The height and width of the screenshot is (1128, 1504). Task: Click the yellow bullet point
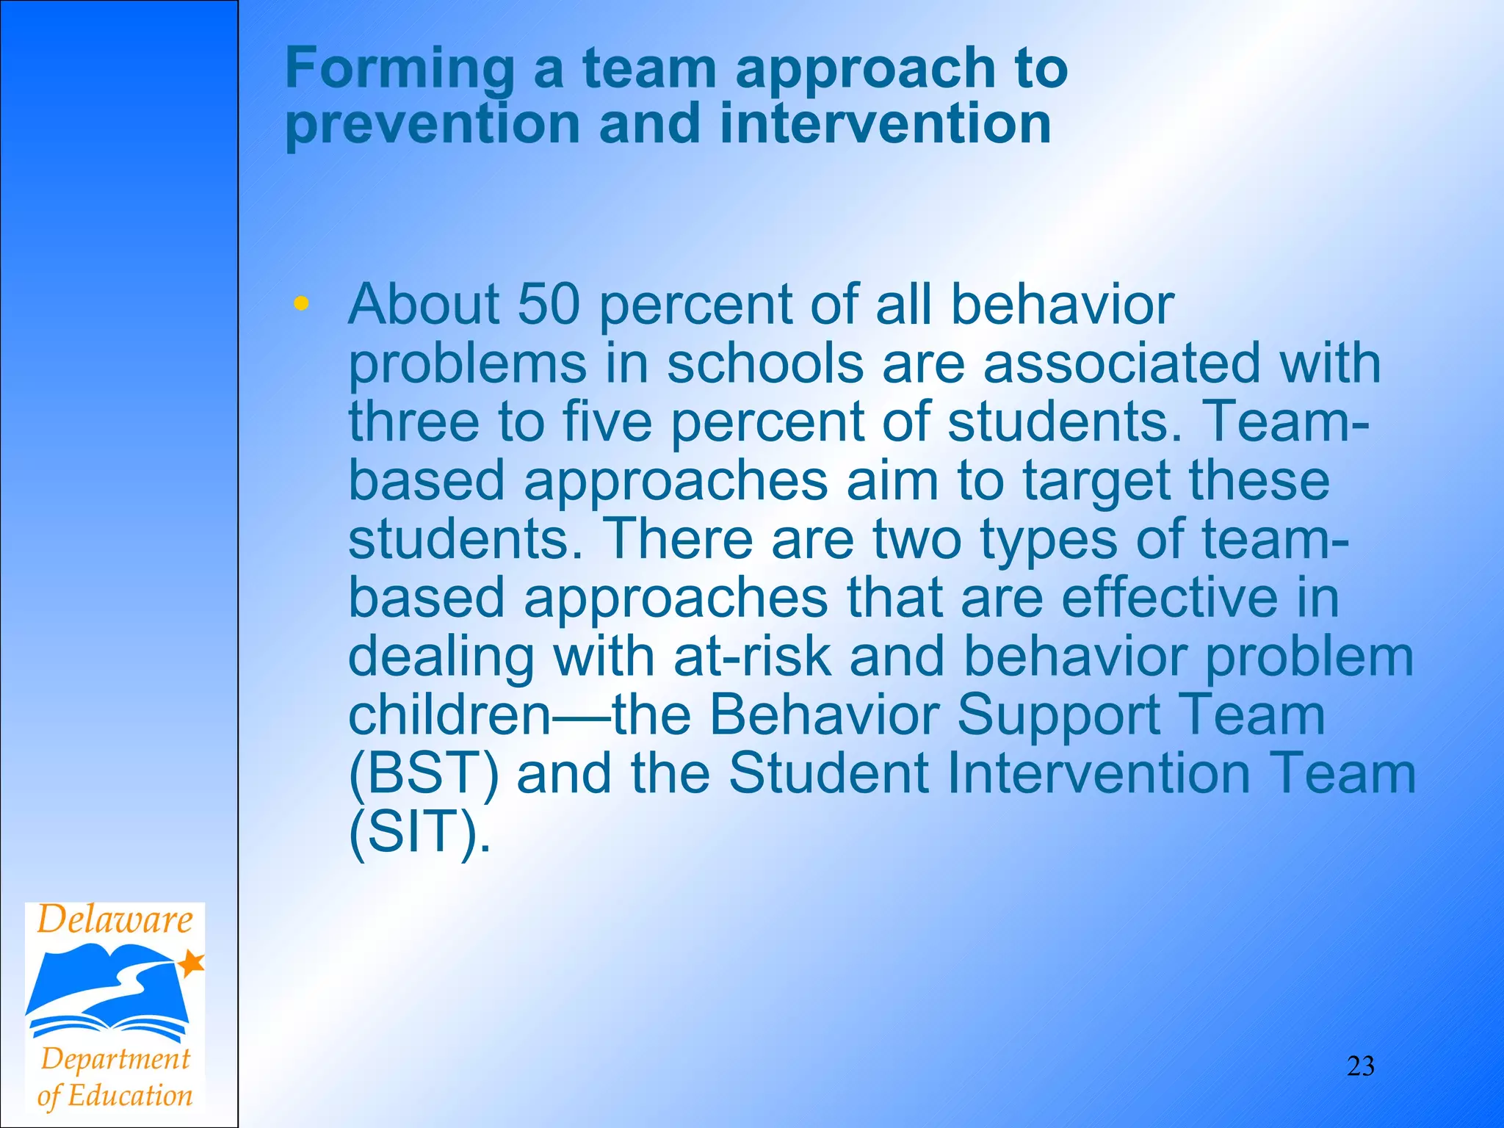300,303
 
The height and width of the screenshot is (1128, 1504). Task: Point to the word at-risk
752,657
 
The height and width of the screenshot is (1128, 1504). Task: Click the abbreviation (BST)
423,774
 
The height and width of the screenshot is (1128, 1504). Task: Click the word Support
1058,715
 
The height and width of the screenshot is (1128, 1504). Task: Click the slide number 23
1360,1066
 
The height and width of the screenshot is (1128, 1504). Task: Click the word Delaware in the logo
115,920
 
